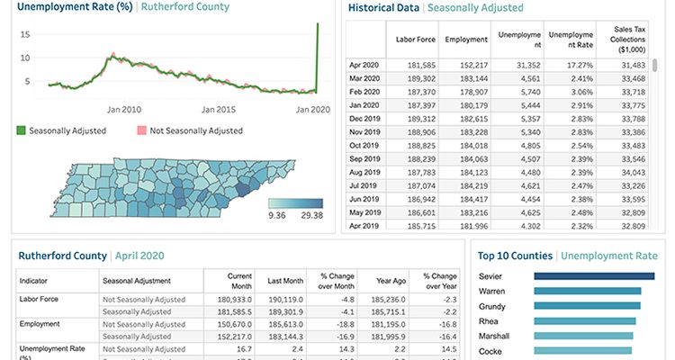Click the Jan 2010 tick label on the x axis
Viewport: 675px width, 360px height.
(x=123, y=108)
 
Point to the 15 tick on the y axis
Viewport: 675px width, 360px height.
(x=26, y=34)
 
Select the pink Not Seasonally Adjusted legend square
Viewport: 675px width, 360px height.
(x=140, y=130)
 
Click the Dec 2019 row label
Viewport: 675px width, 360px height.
(x=365, y=117)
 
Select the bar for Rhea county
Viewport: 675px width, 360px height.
(x=584, y=320)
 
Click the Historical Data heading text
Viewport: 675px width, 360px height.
(x=384, y=8)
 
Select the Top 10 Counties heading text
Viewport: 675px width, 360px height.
(x=515, y=256)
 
